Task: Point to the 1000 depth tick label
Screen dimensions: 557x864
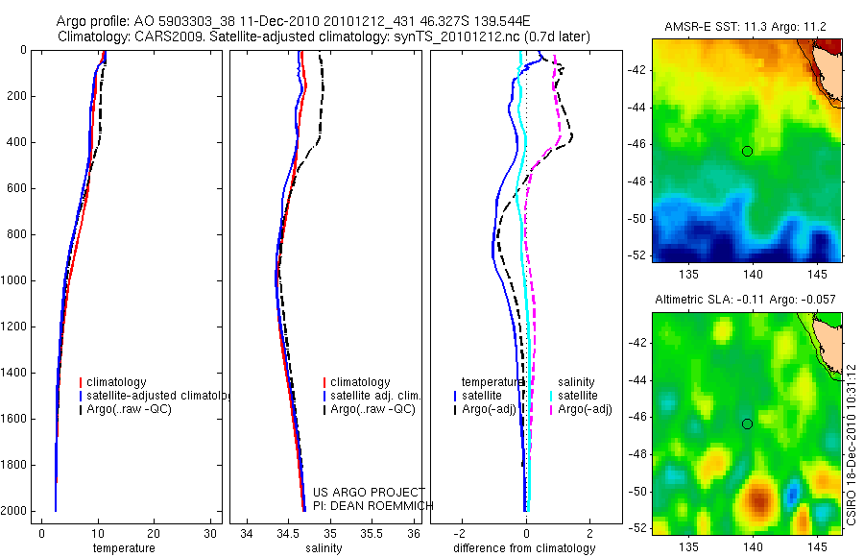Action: pyautogui.click(x=13, y=280)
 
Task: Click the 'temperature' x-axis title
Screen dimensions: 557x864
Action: pyautogui.click(x=124, y=548)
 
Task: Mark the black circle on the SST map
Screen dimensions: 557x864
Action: pyautogui.click(x=747, y=151)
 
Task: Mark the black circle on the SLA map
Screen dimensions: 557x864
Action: pyautogui.click(x=747, y=424)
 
